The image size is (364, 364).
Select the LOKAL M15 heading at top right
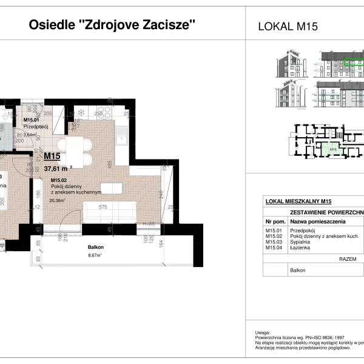(288, 26)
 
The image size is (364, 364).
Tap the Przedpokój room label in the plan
(35, 127)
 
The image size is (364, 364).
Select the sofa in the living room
(109, 212)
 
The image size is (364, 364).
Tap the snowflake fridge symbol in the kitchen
(79, 113)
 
